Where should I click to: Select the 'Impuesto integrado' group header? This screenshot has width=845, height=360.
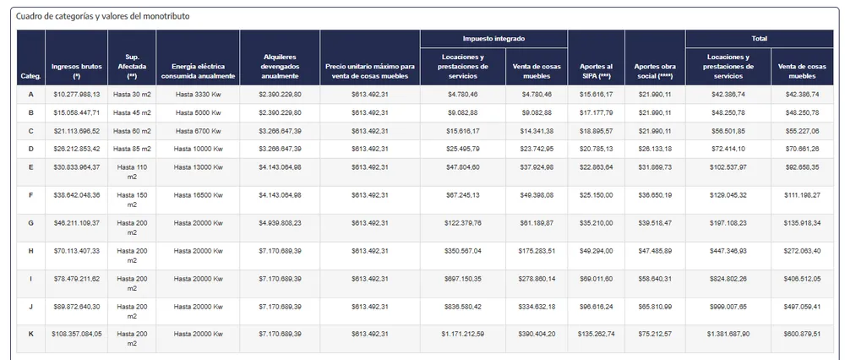[x=493, y=39]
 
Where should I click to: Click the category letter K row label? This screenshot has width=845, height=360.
[x=30, y=334]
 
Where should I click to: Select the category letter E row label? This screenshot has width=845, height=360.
[x=30, y=167]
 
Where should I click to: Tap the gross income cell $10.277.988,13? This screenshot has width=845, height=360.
[x=76, y=94]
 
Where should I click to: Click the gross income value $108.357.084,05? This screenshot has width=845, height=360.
[x=76, y=334]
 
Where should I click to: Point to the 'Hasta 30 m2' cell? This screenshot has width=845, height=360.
[x=133, y=94]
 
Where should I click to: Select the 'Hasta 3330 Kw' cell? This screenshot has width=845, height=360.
[x=199, y=94]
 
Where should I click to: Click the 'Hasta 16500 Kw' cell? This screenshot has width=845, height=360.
[x=199, y=195]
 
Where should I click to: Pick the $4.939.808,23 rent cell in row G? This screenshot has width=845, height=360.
[x=280, y=223]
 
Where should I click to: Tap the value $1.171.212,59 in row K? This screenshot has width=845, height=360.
[x=462, y=334]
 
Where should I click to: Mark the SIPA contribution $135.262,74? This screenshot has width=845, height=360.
[x=597, y=334]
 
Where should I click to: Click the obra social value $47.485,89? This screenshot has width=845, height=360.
[x=655, y=251]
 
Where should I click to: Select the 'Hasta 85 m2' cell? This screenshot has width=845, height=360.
[x=133, y=149]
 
